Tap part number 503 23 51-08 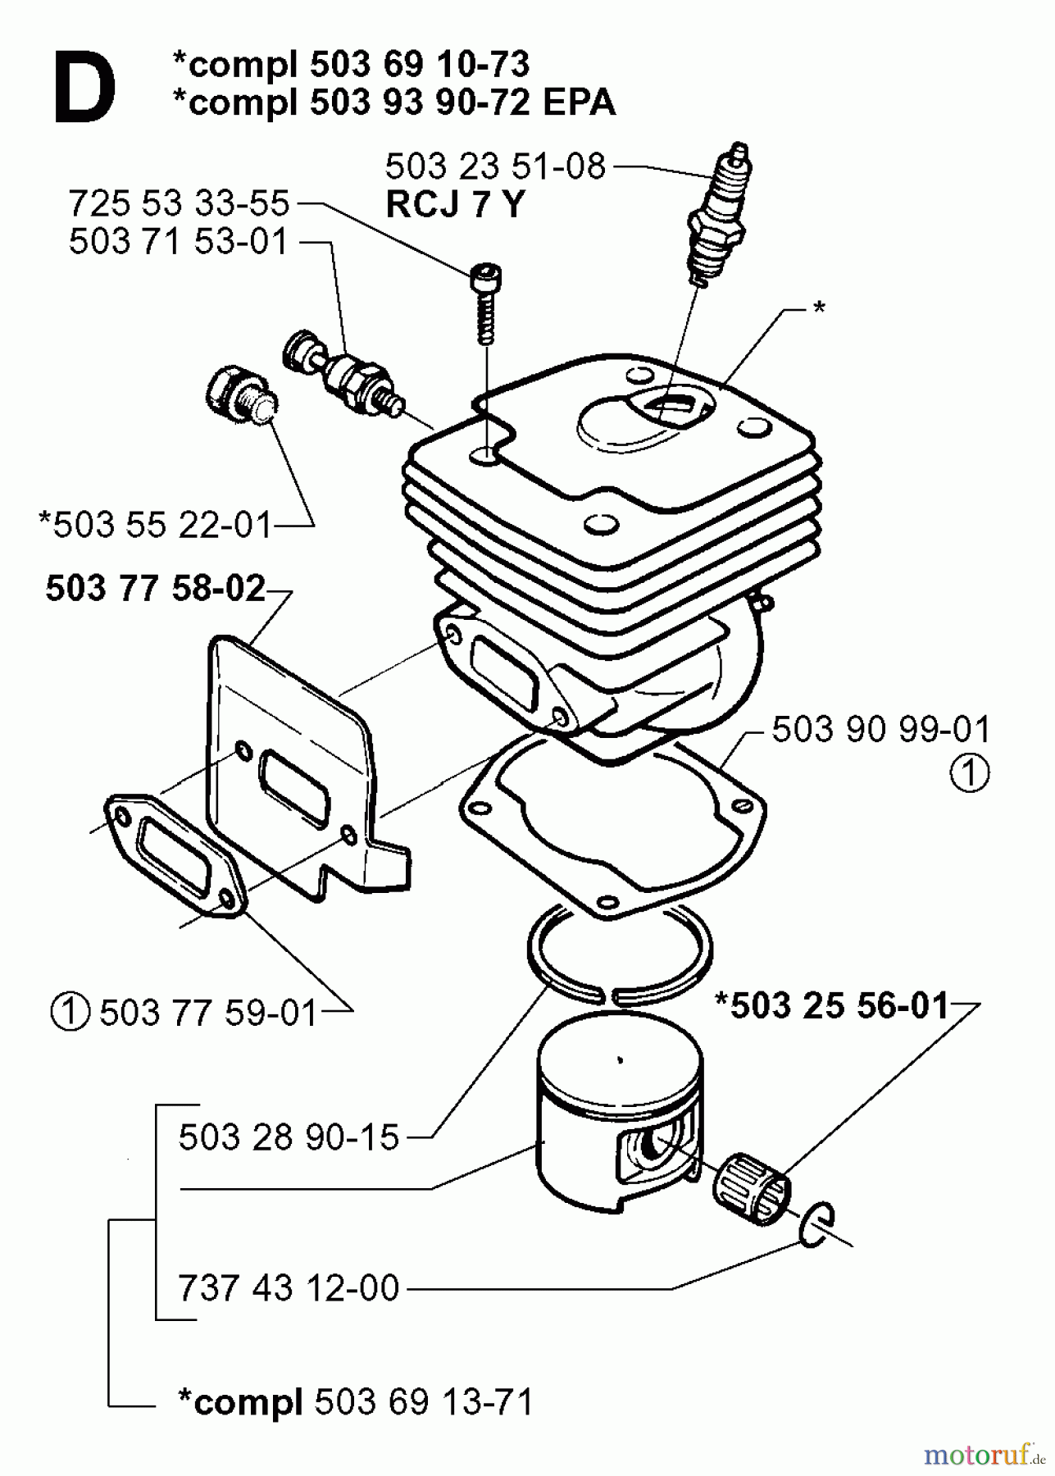(494, 166)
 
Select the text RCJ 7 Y (453, 205)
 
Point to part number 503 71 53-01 (179, 242)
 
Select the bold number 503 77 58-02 (155, 589)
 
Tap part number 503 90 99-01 (880, 729)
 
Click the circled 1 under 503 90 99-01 (970, 773)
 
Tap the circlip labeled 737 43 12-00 (816, 1226)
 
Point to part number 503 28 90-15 (289, 1137)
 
